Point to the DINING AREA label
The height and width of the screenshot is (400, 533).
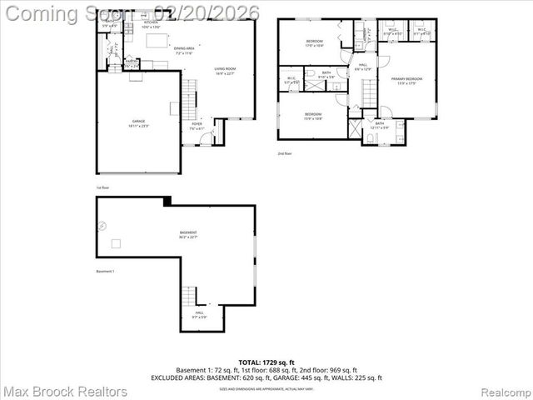[x=185, y=50]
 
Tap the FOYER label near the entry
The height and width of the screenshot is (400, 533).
[x=197, y=126]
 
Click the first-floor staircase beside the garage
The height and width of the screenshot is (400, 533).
[x=190, y=99]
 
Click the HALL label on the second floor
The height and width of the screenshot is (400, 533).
[x=363, y=66]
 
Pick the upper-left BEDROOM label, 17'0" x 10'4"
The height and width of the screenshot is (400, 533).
[x=314, y=43]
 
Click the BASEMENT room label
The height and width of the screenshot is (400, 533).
[x=188, y=234]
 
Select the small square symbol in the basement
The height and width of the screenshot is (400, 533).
[x=117, y=243]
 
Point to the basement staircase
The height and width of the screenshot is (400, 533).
[x=191, y=295]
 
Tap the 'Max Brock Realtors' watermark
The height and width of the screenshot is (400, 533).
[x=65, y=391]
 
